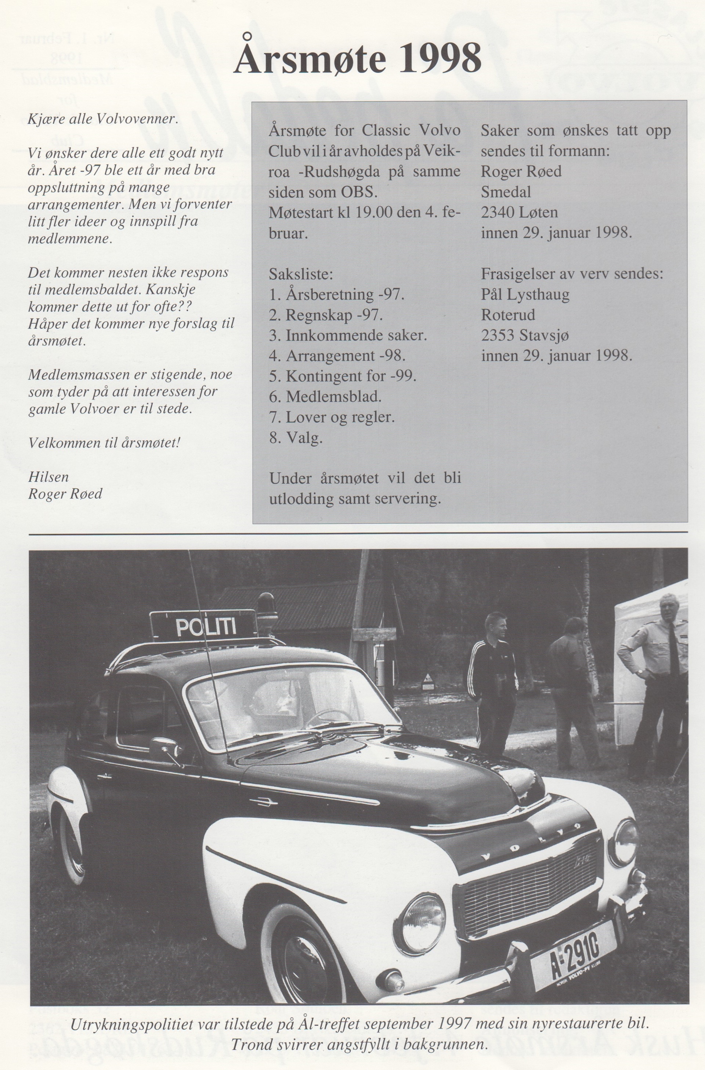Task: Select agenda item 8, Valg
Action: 296,438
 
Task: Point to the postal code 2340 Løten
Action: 519,212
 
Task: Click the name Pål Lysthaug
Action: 525,295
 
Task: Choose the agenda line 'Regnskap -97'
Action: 326,315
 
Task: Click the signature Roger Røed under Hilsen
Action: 65,494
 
